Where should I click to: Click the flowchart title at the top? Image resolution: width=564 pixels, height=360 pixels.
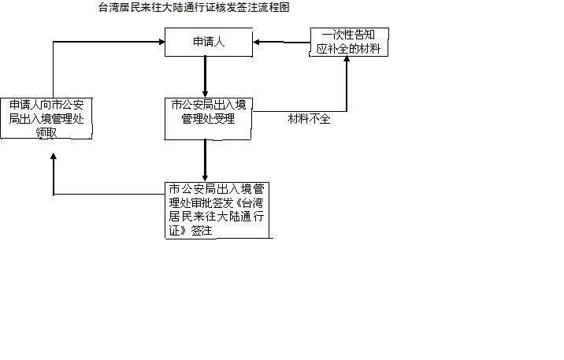[194, 7]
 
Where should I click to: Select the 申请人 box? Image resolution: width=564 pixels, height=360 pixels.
[209, 42]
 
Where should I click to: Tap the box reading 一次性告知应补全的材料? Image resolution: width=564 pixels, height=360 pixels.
[349, 42]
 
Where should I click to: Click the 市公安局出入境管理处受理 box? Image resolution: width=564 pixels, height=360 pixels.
[208, 119]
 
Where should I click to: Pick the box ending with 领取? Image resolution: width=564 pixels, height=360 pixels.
[46, 118]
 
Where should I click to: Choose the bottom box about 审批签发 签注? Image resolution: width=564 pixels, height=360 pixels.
[217, 210]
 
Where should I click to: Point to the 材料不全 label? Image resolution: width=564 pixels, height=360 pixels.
[309, 119]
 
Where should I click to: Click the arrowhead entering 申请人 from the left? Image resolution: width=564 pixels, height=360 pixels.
[161, 42]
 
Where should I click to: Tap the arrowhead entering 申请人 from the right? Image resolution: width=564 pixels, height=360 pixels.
[256, 42]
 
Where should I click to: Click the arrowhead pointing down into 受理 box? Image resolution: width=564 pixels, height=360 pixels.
[205, 95]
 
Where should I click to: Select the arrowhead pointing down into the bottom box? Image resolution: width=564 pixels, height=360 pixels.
[205, 179]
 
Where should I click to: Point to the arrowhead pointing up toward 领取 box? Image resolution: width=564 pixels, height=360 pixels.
[54, 157]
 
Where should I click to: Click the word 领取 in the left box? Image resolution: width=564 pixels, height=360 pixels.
[46, 132]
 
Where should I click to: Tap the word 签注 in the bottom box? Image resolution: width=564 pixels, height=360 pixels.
[202, 231]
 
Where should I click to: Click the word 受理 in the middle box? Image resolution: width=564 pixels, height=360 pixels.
[224, 119]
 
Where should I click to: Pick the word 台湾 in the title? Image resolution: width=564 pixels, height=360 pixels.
[109, 7]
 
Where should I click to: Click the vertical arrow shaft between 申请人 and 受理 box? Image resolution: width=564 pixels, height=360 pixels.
[205, 74]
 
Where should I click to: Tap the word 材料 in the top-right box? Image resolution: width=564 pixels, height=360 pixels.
[370, 49]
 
